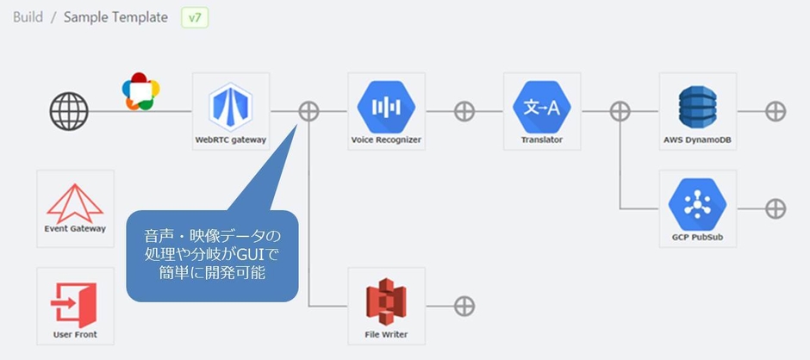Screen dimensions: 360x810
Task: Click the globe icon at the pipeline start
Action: (69, 111)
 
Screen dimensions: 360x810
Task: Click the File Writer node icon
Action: (386, 301)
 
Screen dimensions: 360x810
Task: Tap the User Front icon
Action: (75, 301)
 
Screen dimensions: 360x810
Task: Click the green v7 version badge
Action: (195, 17)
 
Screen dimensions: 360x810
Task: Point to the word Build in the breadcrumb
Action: (28, 17)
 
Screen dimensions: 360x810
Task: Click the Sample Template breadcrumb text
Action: (115, 17)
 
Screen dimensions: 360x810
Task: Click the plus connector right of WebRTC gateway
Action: (308, 111)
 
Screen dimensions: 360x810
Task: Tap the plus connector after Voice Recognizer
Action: (464, 111)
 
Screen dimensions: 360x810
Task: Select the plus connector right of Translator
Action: (620, 111)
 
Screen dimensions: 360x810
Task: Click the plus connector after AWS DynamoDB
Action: (776, 111)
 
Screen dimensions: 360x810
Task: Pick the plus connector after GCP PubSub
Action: (776, 208)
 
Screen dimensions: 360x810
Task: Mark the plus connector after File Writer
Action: (464, 306)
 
